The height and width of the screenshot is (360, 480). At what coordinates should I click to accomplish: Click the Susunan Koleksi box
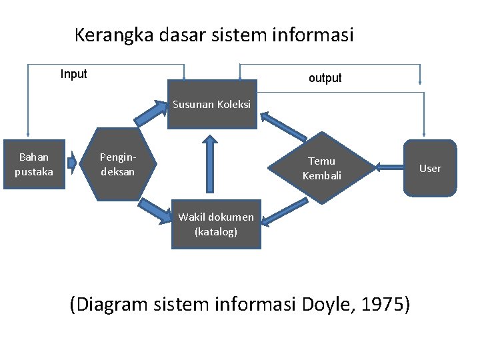pos(211,105)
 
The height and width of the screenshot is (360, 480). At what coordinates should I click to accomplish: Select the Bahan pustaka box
pos(34,164)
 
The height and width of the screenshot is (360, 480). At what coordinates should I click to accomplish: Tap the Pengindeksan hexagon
pos(118,164)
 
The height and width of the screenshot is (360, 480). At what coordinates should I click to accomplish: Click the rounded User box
pos(430,168)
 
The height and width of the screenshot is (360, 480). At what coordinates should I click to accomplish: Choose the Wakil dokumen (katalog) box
pos(216,224)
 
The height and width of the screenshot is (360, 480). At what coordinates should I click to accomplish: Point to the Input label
pos(73,74)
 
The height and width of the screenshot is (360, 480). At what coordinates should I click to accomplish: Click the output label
pos(325,78)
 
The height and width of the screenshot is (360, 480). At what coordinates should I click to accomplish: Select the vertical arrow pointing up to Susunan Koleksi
pos(211,167)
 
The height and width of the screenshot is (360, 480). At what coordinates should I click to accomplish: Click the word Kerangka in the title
pos(114,35)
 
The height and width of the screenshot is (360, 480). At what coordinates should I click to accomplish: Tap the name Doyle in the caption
pos(325,305)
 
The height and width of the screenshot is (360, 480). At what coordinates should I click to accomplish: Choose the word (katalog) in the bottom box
pos(216,232)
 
